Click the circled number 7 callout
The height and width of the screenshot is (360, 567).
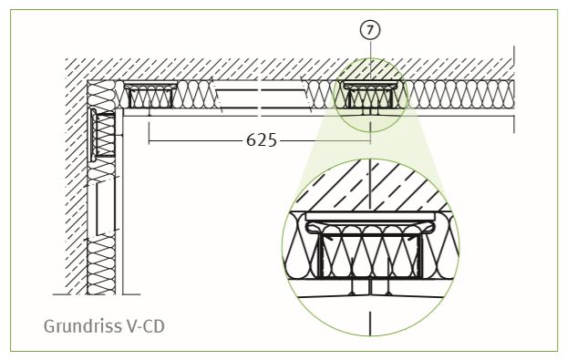370,30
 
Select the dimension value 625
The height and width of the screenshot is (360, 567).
261,139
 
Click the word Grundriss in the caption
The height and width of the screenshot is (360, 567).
83,326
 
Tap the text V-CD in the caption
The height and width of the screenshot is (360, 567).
146,326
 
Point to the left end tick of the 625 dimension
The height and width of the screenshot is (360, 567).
149,133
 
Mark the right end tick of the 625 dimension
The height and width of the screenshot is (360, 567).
370,133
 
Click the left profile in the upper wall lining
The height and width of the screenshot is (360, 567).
150,96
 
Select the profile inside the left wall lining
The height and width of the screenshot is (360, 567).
102,135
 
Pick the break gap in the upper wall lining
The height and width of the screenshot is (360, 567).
261,97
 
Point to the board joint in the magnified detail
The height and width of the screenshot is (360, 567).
369,288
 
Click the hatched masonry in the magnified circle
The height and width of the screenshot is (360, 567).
370,188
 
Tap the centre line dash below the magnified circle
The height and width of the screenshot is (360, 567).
370,324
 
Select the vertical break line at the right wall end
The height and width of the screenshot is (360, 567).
514,89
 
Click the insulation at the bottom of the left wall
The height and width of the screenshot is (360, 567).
101,268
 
